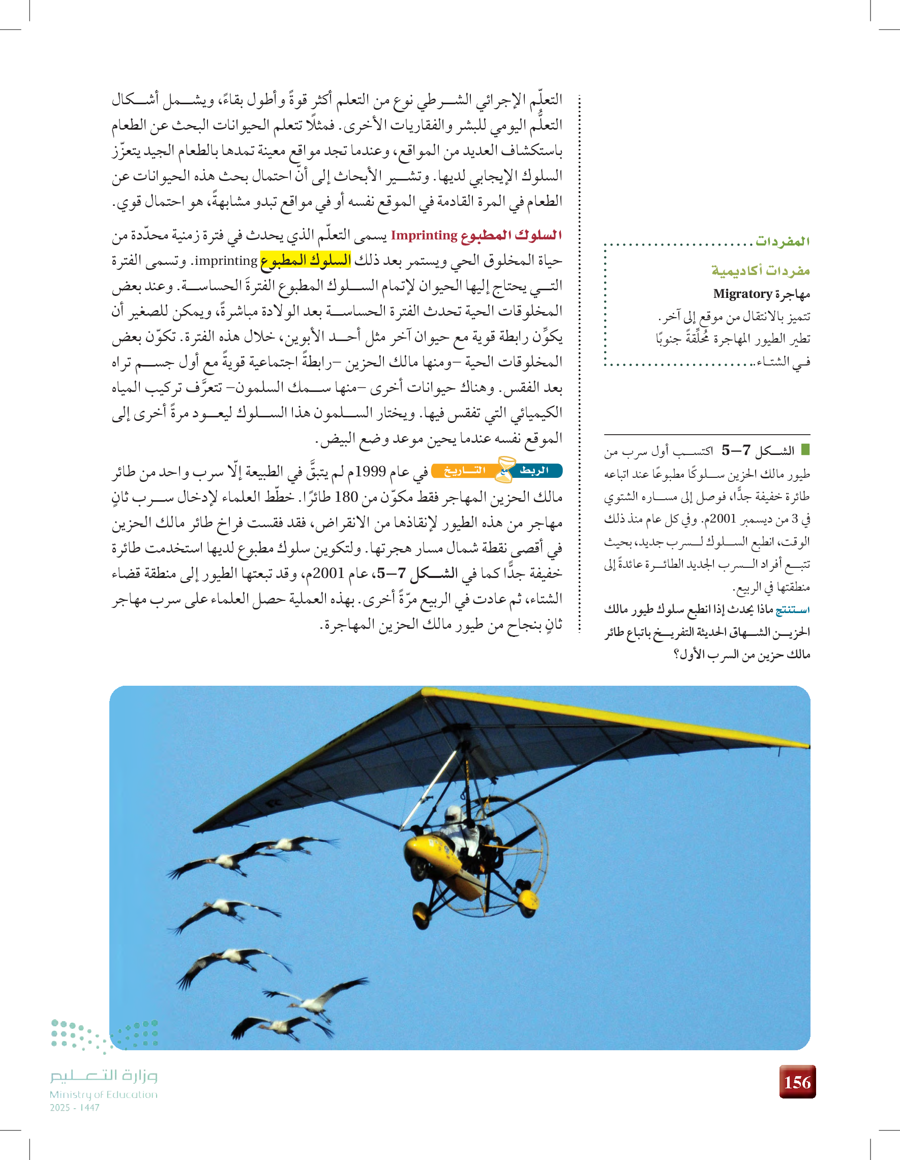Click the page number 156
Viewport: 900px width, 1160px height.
coord(797,1082)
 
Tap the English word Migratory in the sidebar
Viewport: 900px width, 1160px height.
coord(742,294)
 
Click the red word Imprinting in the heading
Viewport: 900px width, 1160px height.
coord(424,235)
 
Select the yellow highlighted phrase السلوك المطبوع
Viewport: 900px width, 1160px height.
coord(306,260)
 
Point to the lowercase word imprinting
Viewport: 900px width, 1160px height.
coord(226,261)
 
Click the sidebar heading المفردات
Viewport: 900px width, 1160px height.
coord(783,241)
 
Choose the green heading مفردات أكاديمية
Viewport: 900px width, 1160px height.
coord(760,270)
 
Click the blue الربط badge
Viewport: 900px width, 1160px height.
coord(534,470)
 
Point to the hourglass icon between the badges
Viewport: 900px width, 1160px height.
coord(505,469)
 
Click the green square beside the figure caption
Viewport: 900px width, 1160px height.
coord(805,450)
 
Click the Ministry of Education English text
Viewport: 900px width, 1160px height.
coord(104,1094)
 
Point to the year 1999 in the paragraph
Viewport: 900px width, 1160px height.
coord(370,472)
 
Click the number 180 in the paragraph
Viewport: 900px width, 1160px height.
coord(346,497)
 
